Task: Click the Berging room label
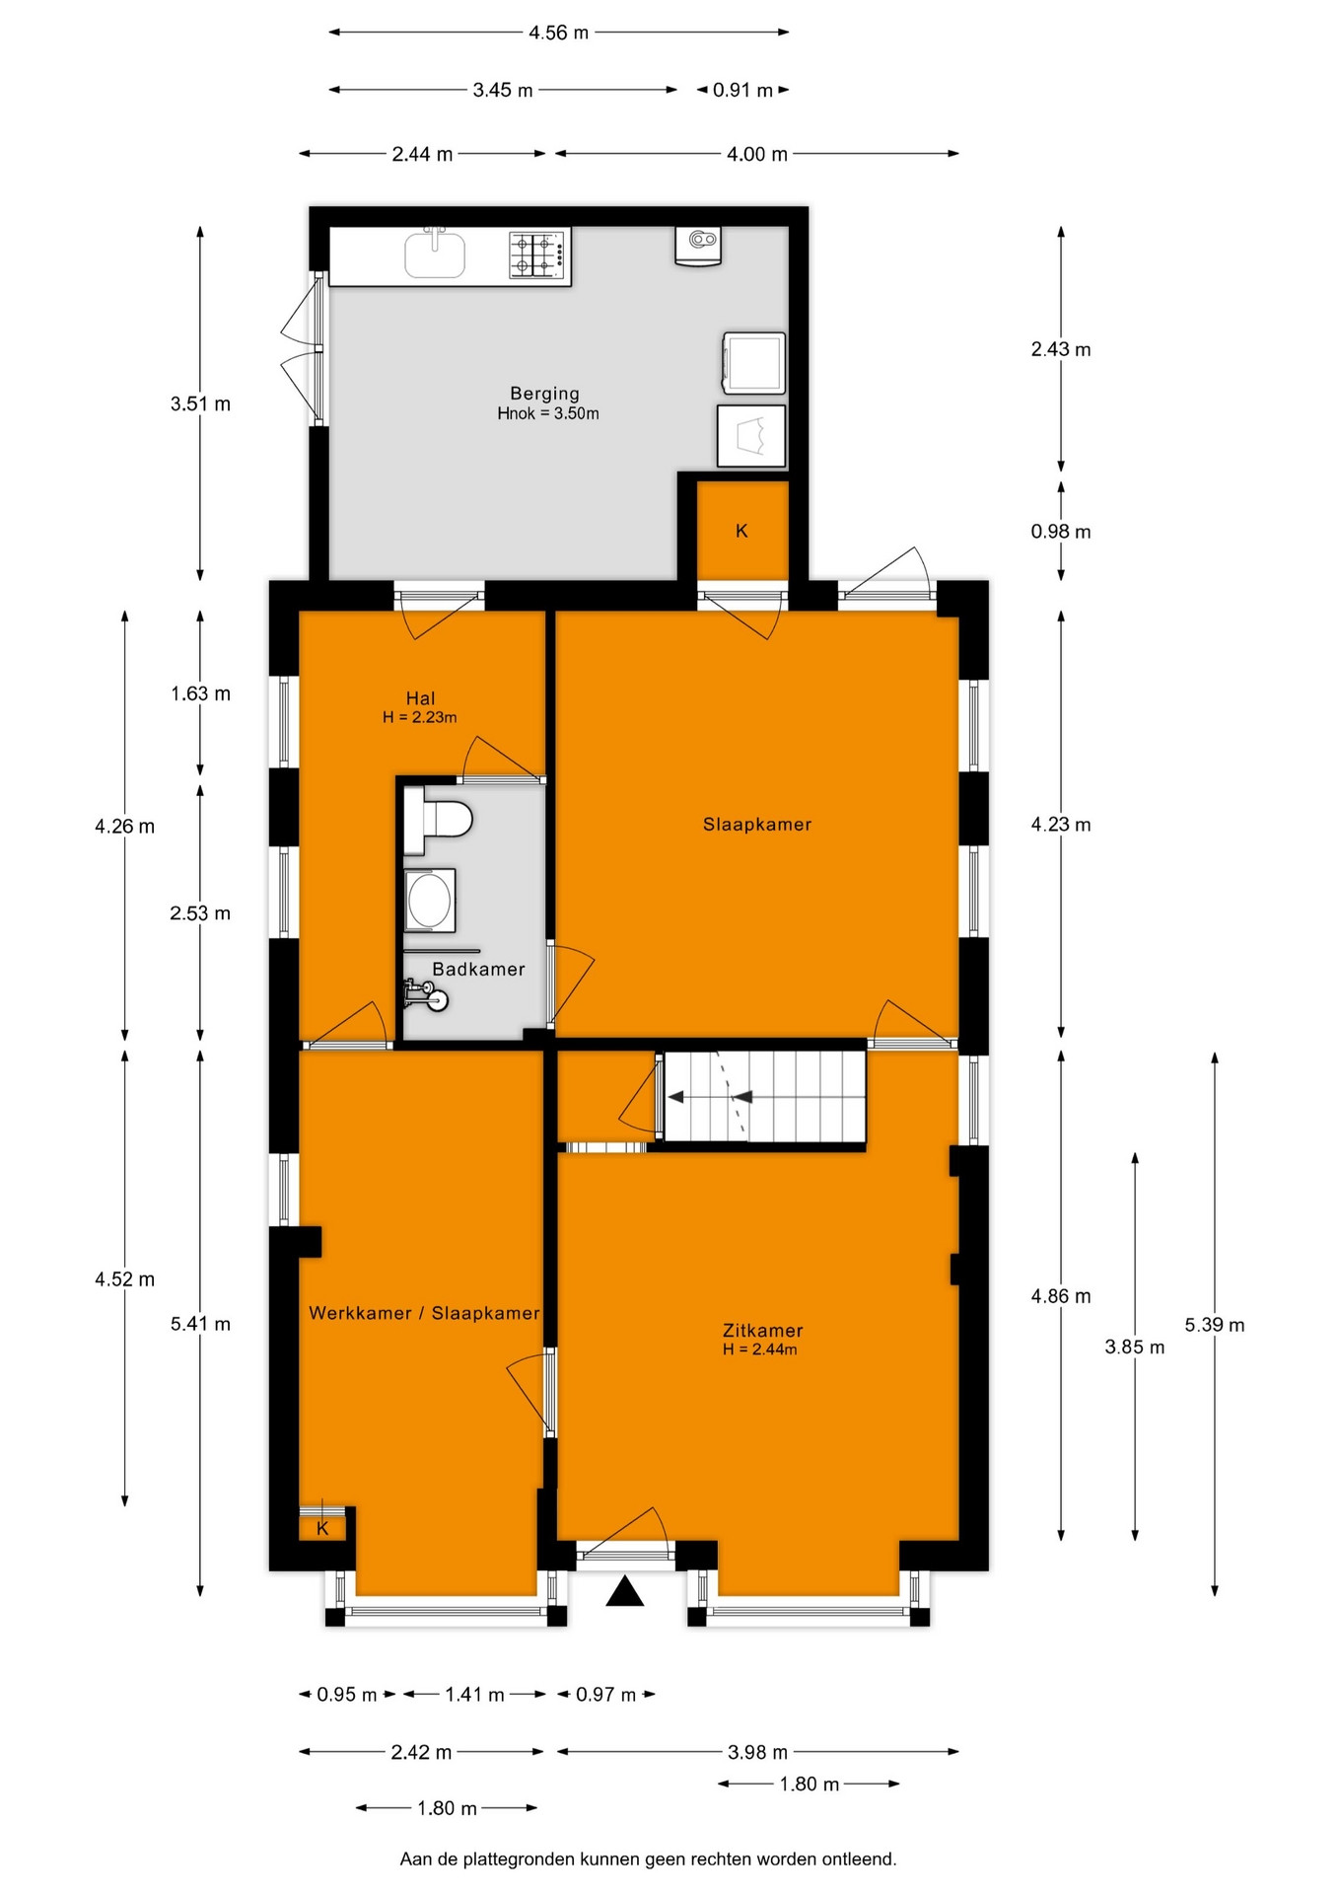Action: (544, 394)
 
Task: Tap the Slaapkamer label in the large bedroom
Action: (757, 825)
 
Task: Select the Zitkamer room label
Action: (762, 1330)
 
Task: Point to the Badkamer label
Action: (478, 969)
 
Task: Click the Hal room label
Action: (420, 698)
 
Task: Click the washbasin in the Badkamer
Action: (430, 900)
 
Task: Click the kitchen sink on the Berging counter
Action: (435, 253)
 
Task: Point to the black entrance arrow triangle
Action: (624, 1592)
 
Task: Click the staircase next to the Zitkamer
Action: (764, 1097)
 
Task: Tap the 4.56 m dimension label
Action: (558, 33)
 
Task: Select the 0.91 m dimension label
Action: (742, 90)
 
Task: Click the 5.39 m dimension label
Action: (1215, 1325)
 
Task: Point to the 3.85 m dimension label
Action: (1135, 1348)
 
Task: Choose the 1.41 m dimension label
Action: (474, 1695)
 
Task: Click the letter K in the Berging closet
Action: (741, 531)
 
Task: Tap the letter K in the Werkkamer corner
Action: (322, 1529)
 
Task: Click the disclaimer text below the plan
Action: (648, 1859)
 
